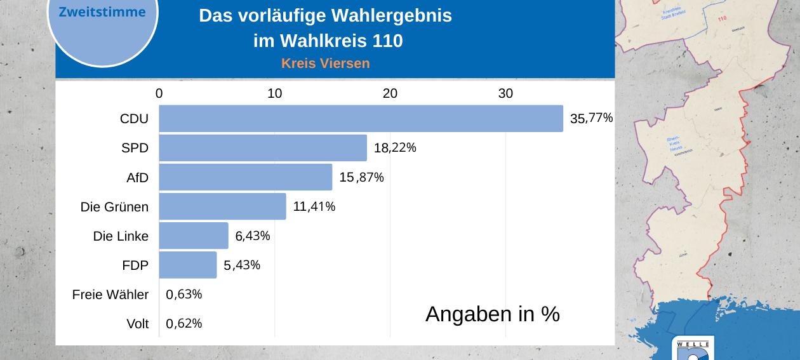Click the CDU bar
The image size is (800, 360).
[x=361, y=119]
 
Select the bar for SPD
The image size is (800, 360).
[x=263, y=148]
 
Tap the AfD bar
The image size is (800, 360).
[x=246, y=177]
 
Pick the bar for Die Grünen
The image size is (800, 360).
[x=222, y=206]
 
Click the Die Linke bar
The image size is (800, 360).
[x=194, y=236]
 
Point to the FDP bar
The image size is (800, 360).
[x=188, y=265]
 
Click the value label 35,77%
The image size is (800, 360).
[x=591, y=118]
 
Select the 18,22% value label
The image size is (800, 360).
[x=395, y=148]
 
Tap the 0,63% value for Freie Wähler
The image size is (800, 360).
[x=184, y=295]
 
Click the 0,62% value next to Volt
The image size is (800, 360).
[x=184, y=324]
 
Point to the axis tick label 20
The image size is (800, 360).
[x=390, y=93]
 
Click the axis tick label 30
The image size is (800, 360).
[x=505, y=93]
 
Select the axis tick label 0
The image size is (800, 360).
[x=159, y=93]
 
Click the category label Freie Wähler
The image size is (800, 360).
[x=110, y=295]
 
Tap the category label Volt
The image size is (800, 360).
[x=137, y=324]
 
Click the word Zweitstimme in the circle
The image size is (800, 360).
[x=102, y=12]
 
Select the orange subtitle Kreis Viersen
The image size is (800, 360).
[x=325, y=63]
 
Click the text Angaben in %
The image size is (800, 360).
[x=493, y=314]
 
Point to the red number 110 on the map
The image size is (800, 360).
[x=722, y=18]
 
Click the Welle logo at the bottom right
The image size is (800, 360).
[x=693, y=349]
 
